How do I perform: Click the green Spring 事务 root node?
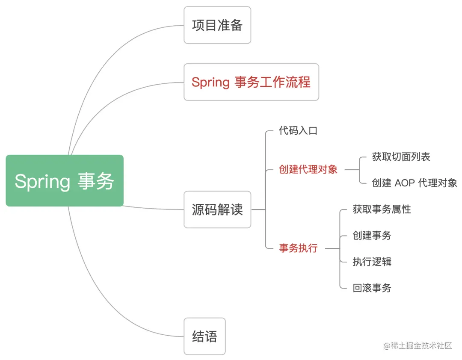[x=65, y=180]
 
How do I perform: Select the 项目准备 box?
[x=217, y=25]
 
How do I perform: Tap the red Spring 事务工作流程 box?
[x=251, y=82]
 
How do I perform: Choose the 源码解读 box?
[x=217, y=210]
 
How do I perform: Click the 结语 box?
[x=204, y=336]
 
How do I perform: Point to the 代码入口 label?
[x=298, y=131]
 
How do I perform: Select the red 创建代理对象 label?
[x=308, y=170]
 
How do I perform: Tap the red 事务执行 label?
[x=298, y=248]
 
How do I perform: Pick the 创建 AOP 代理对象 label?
[x=414, y=183]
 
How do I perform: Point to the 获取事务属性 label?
[x=382, y=209]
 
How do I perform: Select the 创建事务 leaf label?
[x=372, y=235]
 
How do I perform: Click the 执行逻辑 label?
[x=372, y=262]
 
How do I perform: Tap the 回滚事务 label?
[x=372, y=288]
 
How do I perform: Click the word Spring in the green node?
[x=42, y=181]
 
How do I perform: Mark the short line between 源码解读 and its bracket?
[x=258, y=210]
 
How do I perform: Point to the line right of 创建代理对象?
[x=352, y=170]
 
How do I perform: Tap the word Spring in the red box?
[x=210, y=82]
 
